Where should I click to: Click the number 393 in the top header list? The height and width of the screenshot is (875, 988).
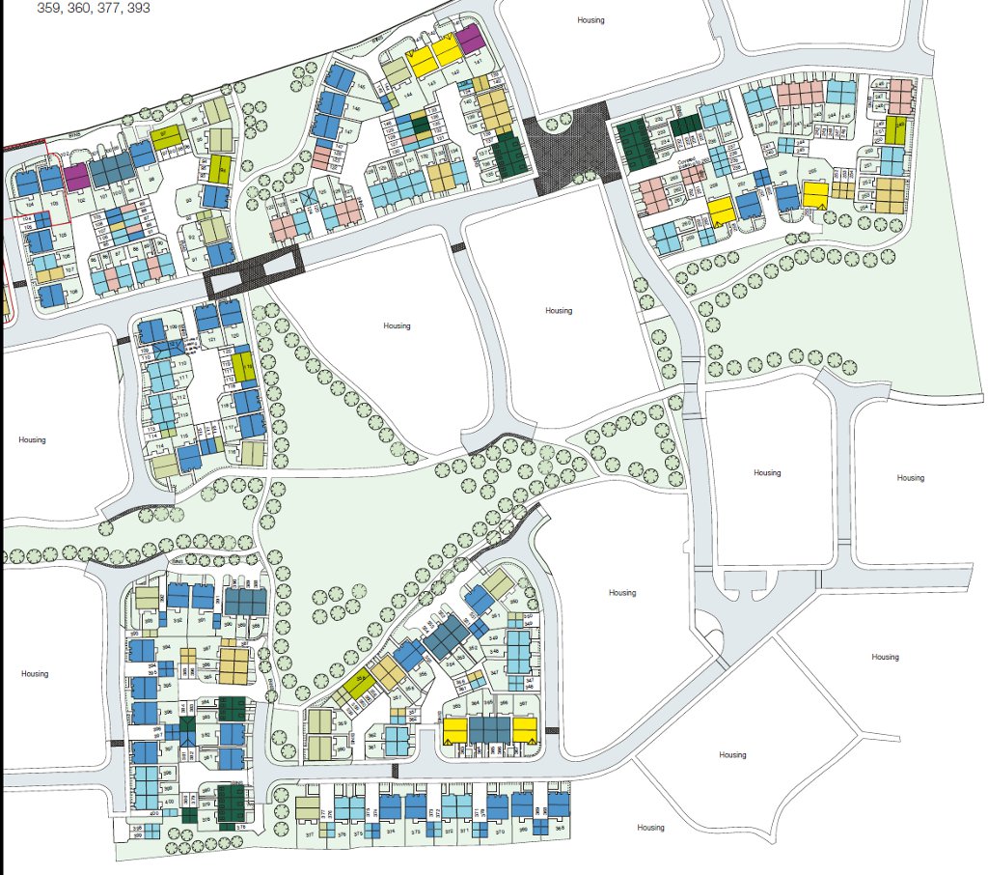point(137,8)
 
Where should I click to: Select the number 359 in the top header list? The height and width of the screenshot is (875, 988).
point(49,8)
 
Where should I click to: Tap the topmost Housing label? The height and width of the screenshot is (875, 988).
point(590,20)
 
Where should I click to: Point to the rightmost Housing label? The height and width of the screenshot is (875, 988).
point(910,478)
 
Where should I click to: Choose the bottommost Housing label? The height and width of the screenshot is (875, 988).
point(650,828)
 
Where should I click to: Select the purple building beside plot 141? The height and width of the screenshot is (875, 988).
point(469,42)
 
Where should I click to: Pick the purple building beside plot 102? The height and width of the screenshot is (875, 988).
point(76,176)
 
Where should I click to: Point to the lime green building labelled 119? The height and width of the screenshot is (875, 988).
point(241,366)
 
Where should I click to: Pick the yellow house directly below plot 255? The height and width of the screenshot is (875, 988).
point(814,194)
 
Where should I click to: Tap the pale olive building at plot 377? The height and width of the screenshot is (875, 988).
point(307,807)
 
